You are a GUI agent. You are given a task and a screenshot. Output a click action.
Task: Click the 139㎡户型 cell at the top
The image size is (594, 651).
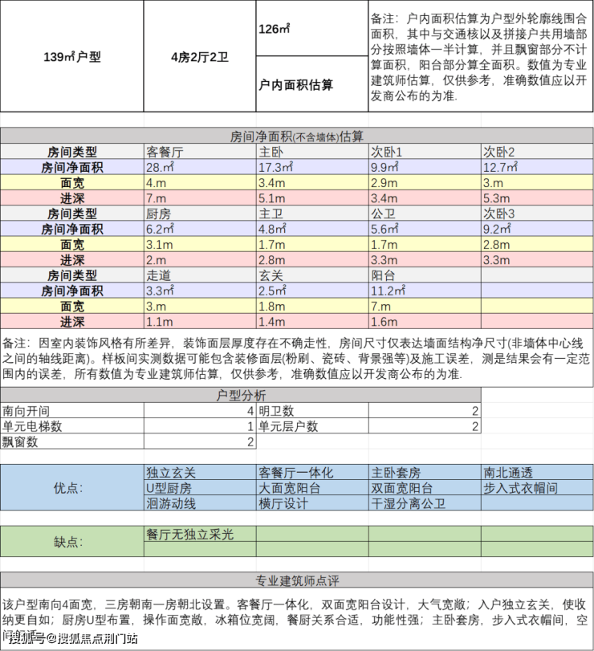pyautogui.click(x=71, y=56)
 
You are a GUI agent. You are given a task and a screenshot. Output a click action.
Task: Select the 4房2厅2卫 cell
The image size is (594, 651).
pyautogui.click(x=200, y=56)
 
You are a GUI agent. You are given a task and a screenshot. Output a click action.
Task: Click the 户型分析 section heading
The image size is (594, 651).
pyautogui.click(x=241, y=395)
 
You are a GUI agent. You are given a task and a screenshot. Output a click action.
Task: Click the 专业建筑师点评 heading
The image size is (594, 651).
pyautogui.click(x=296, y=580)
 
